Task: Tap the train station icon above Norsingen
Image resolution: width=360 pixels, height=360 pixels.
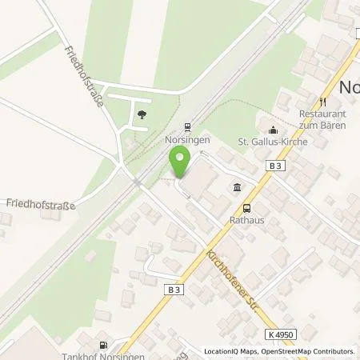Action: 187,126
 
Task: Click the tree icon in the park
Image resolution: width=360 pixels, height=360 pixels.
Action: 142,114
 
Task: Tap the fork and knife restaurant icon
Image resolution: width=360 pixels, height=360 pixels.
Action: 323,102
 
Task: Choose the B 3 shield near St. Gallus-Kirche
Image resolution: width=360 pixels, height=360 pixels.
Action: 274,164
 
